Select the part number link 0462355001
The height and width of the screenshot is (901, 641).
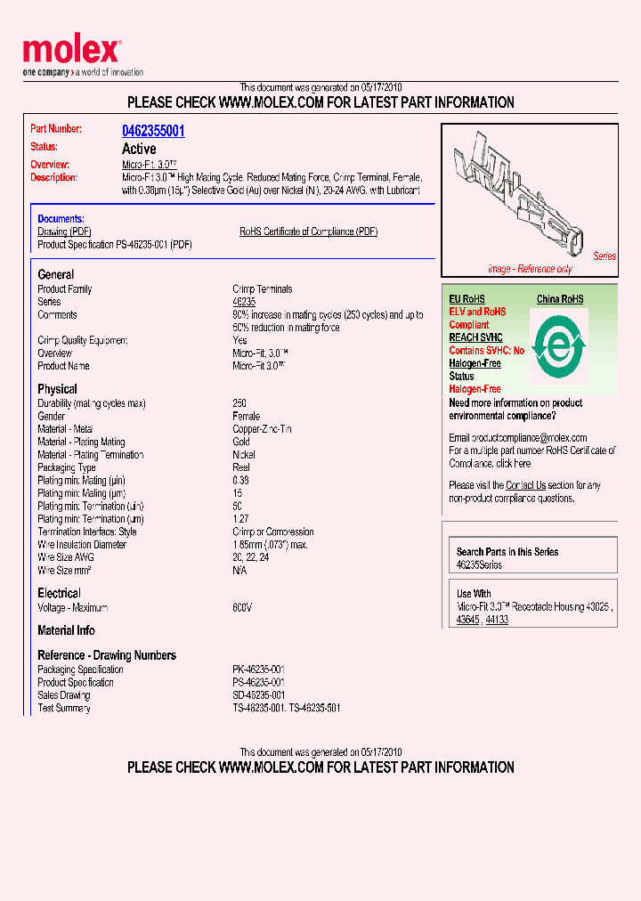[x=153, y=131]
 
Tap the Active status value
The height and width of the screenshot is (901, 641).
[x=139, y=149]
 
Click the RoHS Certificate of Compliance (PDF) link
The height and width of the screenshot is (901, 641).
[x=308, y=231]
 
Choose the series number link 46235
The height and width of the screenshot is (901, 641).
[x=244, y=302]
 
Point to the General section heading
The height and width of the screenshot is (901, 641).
[x=56, y=274]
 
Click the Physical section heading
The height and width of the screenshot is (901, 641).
[x=57, y=389]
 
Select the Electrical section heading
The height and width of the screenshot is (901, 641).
[x=59, y=593]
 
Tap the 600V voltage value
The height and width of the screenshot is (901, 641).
[x=242, y=607]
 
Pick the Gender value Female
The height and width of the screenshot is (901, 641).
[x=247, y=416]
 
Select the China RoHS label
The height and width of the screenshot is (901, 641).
[x=560, y=299]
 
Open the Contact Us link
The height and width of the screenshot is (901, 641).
[x=525, y=485]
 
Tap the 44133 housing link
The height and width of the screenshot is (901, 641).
[x=497, y=620]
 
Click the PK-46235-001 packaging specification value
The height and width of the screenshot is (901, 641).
[x=259, y=670]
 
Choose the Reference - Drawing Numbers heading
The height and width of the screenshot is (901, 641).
[x=107, y=655]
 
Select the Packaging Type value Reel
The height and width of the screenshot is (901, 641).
[x=241, y=467]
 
